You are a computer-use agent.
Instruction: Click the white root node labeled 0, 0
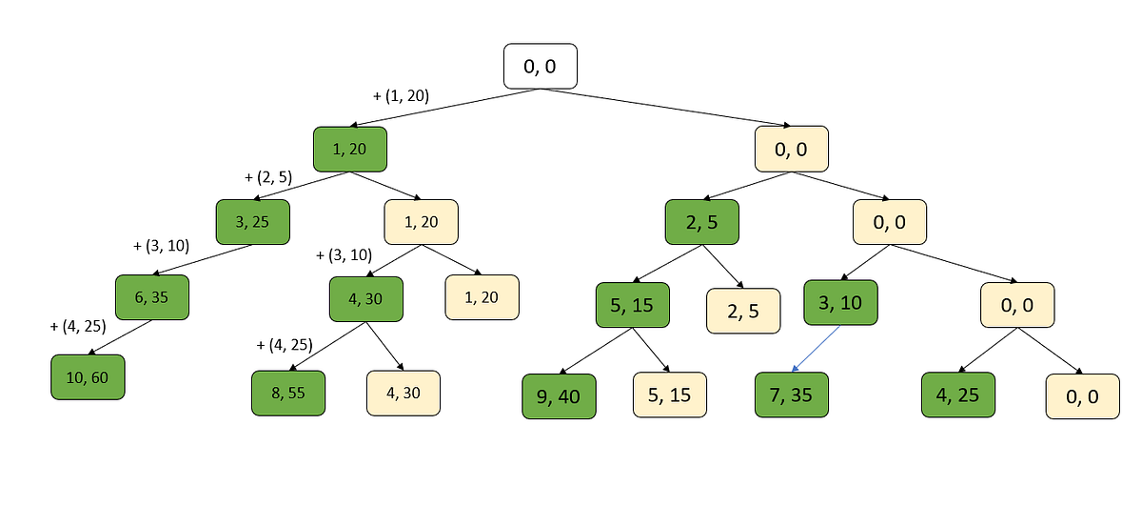pyautogui.click(x=540, y=67)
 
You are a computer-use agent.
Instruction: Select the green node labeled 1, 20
pyautogui.click(x=349, y=150)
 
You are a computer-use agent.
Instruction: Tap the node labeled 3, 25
pyautogui.click(x=252, y=223)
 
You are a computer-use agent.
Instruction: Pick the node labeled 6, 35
pyautogui.click(x=152, y=297)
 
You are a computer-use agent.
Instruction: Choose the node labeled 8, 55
pyautogui.click(x=288, y=393)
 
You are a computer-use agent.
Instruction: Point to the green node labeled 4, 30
pyautogui.click(x=366, y=299)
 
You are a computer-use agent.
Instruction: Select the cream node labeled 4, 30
pyautogui.click(x=404, y=393)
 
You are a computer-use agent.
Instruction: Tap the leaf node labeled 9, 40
pyautogui.click(x=559, y=396)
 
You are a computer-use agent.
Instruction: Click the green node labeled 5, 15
pyautogui.click(x=633, y=306)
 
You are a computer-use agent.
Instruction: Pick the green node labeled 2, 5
pyautogui.click(x=701, y=223)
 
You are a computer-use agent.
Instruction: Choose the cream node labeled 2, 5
pyautogui.click(x=743, y=311)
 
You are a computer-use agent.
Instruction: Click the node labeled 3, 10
pyautogui.click(x=840, y=304)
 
